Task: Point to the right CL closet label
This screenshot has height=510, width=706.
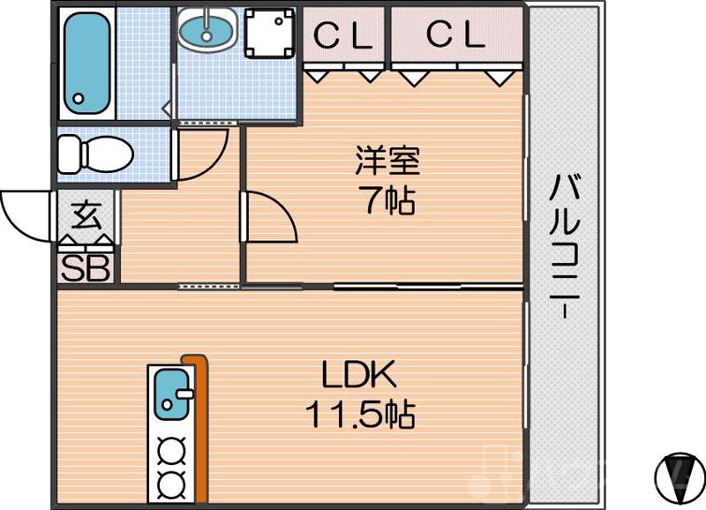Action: (x=456, y=35)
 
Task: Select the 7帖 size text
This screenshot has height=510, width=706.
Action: (x=387, y=202)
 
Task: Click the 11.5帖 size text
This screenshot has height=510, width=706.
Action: (x=361, y=413)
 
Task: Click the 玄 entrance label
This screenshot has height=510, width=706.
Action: (x=86, y=214)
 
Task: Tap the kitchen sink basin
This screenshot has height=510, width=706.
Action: (x=170, y=394)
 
